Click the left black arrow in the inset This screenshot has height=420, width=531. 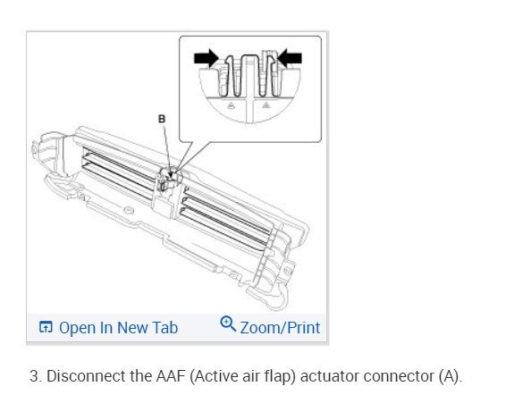coord(206,58)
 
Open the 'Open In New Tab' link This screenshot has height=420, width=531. coord(117,328)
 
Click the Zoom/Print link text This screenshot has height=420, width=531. coord(280,328)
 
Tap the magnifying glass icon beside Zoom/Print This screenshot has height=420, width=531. coord(228,326)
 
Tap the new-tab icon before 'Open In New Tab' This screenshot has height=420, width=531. coord(46,328)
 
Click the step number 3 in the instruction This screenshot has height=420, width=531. coord(33,376)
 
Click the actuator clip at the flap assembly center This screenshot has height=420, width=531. coord(168,183)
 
